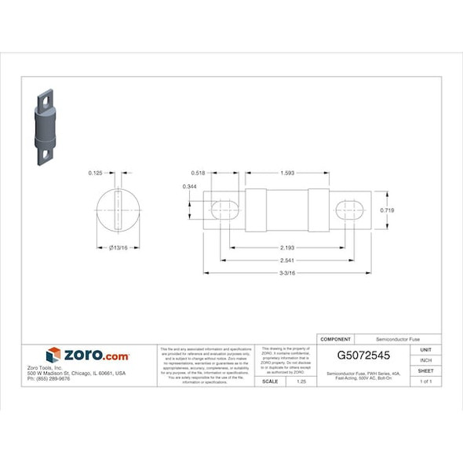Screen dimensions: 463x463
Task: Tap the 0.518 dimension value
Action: pyautogui.click(x=198, y=173)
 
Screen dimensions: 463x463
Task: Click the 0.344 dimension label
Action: pyautogui.click(x=189, y=187)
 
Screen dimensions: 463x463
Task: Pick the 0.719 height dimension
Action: pyautogui.click(x=387, y=210)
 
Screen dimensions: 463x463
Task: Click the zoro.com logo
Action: pyautogui.click(x=87, y=355)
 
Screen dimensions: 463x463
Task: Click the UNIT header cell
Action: pyautogui.click(x=425, y=350)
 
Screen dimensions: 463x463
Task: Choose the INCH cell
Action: pyautogui.click(x=425, y=360)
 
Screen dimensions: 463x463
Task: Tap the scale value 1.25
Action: pyautogui.click(x=301, y=381)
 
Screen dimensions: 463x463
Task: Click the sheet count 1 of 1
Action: pyautogui.click(x=425, y=381)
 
